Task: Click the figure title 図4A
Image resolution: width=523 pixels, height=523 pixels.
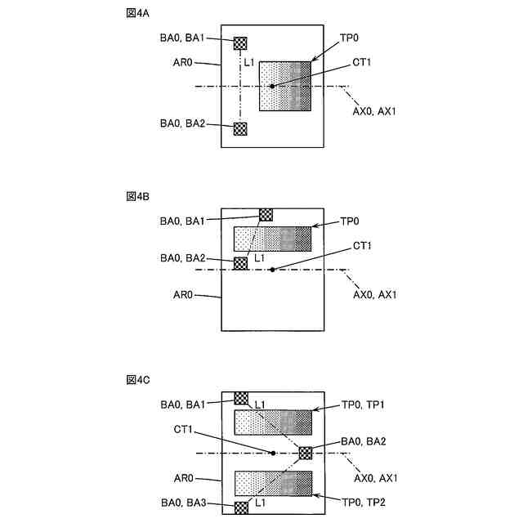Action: pos(137,15)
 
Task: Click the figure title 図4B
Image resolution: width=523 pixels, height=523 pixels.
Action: pos(137,197)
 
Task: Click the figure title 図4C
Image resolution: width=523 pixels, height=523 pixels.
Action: pos(137,380)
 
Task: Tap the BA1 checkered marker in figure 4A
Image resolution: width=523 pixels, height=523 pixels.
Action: pos(240,43)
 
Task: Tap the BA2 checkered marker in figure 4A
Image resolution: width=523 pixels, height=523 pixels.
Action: pos(240,128)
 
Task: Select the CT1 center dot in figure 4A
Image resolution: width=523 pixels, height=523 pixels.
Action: pos(272,86)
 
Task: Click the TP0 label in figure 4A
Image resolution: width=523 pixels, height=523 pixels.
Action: pos(350,38)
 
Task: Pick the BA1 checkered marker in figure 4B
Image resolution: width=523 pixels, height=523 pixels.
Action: pos(266,214)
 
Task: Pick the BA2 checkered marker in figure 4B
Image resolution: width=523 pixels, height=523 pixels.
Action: pos(240,263)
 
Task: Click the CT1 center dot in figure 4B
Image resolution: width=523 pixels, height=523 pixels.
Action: pos(272,269)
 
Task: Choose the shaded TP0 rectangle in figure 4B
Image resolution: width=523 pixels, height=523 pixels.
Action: pos(273,239)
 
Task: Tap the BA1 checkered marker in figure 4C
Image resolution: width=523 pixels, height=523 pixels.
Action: pos(241,398)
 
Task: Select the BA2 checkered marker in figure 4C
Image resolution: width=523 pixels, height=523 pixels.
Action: pos(306,453)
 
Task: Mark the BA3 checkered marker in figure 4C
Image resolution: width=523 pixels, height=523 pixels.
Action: pos(241,507)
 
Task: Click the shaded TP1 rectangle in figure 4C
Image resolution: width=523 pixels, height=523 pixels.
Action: pos(273,422)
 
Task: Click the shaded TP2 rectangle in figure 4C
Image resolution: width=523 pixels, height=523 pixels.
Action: pos(273,483)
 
